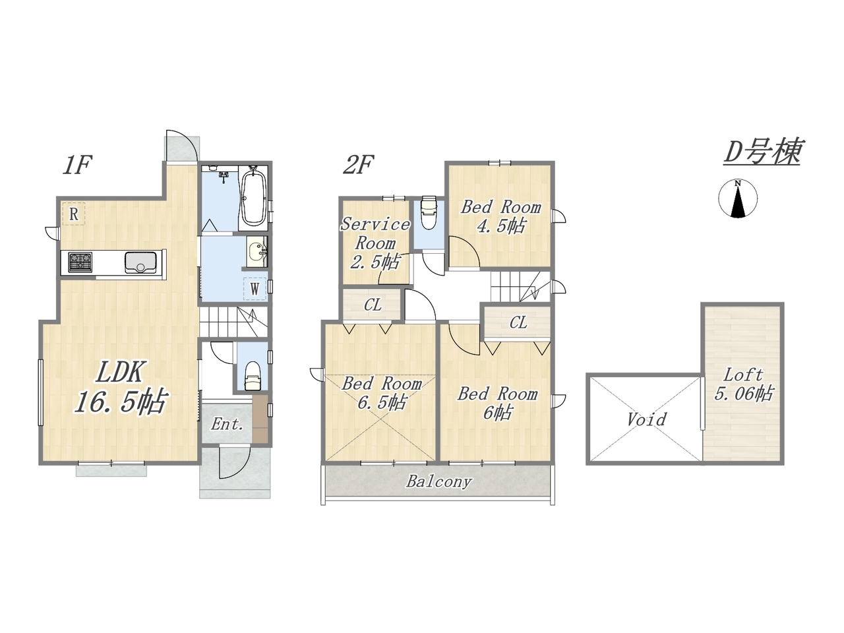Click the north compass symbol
tap(737, 198)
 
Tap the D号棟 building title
tap(762, 152)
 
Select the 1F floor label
tap(76, 166)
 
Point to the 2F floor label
tap(358, 166)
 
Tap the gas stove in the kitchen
tap(80, 262)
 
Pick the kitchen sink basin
tap(140, 262)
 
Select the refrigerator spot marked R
tap(73, 214)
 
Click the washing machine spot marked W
tap(255, 289)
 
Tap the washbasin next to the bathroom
tap(256, 252)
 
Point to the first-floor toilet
tap(253, 375)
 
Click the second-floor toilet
tap(429, 212)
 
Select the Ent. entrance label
tap(227, 425)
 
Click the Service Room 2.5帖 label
tap(375, 243)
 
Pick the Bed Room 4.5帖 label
tap(501, 216)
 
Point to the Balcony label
tap(439, 481)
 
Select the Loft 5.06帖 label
tap(744, 384)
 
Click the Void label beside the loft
tap(647, 419)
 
